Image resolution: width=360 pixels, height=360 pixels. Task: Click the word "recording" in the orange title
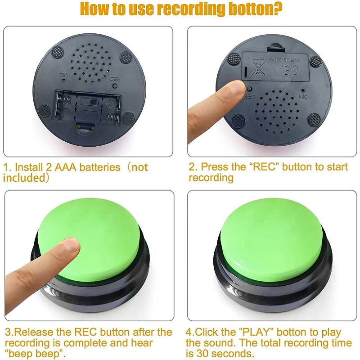tap(192, 9)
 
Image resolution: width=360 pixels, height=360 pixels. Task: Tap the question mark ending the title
tap(278, 8)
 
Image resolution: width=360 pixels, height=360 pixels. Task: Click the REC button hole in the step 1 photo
tap(115, 86)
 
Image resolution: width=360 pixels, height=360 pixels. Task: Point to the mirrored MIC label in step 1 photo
tap(64, 75)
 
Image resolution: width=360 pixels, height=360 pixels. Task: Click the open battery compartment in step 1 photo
tap(87, 108)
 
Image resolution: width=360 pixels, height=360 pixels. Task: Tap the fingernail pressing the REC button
tap(237, 87)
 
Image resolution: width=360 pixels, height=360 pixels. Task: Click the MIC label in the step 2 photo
tap(303, 97)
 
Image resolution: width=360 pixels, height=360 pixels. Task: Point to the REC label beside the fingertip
tap(249, 97)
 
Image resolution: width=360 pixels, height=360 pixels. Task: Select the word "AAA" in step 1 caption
tap(65, 167)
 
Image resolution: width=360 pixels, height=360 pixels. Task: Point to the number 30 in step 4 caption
tap(202, 354)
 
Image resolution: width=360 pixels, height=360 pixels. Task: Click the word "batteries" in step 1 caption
tap(100, 167)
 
